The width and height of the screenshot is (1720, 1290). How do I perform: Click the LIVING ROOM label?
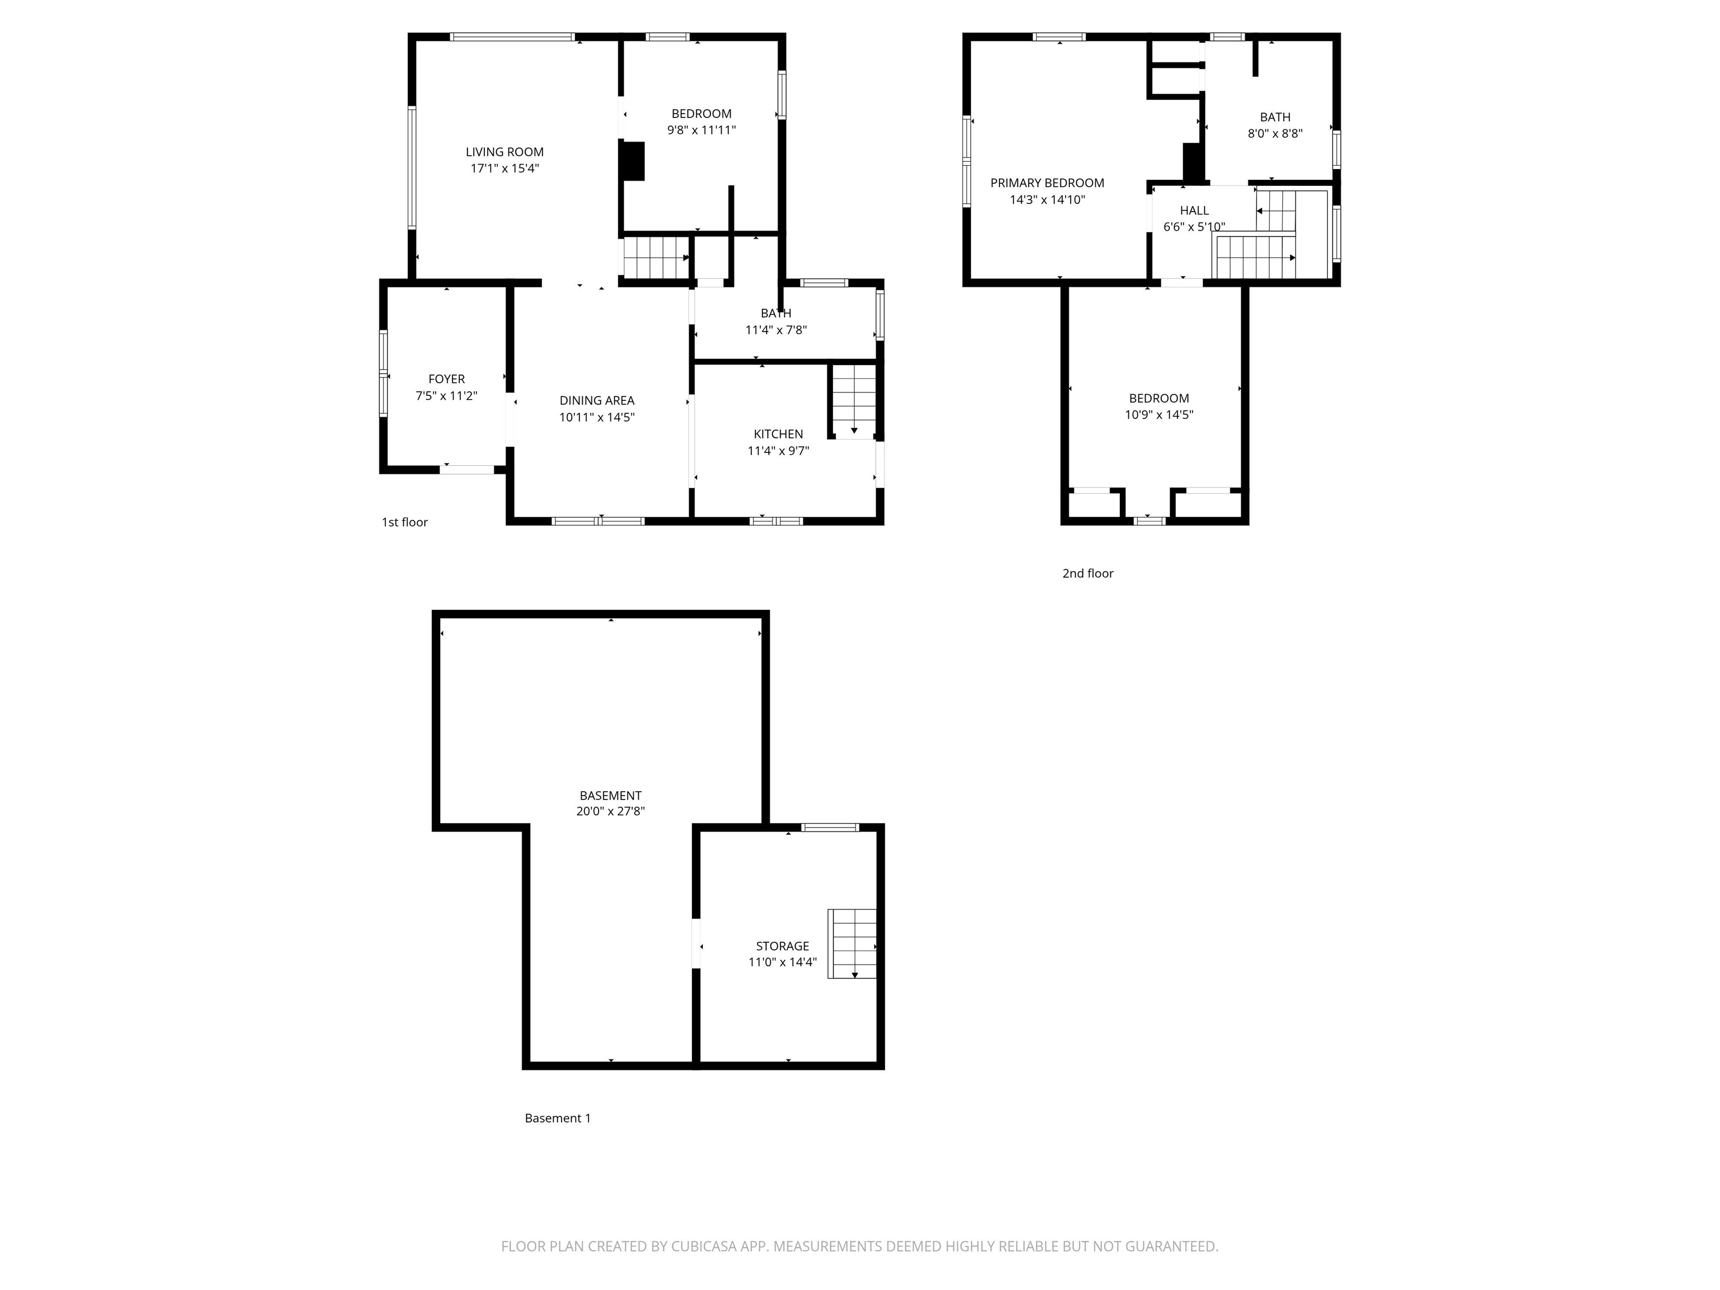pos(504,152)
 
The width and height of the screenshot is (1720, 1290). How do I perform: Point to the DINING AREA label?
pos(596,400)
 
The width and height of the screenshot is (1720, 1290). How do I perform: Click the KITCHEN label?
pos(778,434)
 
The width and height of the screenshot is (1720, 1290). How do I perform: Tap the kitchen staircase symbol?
pos(854,400)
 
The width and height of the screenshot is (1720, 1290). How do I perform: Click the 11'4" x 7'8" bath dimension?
pos(775,330)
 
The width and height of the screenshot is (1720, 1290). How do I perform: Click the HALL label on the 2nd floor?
pos(1194,211)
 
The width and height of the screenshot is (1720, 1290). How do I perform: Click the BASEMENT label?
pos(610,796)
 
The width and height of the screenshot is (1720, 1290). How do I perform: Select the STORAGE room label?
pos(782,946)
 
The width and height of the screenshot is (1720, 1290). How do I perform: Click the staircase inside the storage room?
pos(852,943)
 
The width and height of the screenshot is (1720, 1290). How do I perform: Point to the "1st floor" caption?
pos(404,522)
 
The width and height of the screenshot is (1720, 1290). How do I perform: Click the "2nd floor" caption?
pos(1087,574)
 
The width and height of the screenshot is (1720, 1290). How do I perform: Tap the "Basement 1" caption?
pos(558,1118)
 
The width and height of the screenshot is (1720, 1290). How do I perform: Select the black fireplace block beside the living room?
pos(633,161)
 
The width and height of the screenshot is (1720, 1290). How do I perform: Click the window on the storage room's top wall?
pos(830,828)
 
